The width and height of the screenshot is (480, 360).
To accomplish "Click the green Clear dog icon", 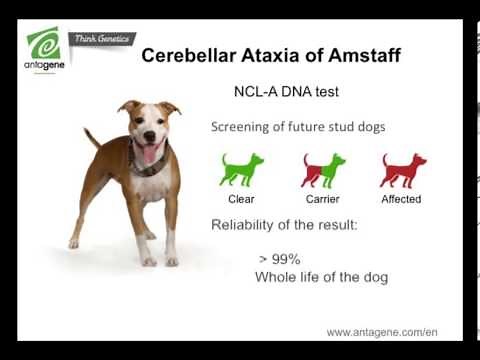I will click(241, 170).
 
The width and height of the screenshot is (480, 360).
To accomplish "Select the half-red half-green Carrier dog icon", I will click(322, 170).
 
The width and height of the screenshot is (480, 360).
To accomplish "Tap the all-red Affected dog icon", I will click(402, 170).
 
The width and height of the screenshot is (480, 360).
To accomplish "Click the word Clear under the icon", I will click(241, 199).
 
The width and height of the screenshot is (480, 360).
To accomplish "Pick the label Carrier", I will click(322, 199).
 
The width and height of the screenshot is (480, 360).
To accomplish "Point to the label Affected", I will click(401, 199).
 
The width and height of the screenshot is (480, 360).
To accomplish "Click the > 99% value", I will click(279, 259).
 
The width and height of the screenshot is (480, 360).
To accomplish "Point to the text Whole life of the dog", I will click(321, 277).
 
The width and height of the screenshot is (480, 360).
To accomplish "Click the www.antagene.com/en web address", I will click(381, 332).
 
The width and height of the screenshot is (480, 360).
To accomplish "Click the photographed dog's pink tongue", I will click(151, 153).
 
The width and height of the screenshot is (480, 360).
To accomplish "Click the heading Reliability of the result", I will click(284, 224).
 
